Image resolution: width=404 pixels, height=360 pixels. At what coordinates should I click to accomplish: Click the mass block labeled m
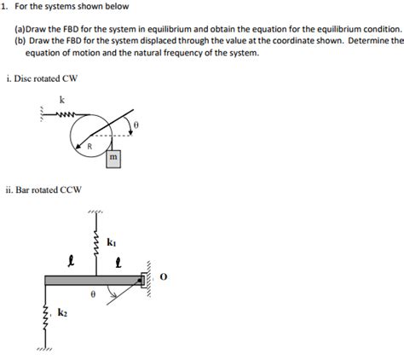point(113,159)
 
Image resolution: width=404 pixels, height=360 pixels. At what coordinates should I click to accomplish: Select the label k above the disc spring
point(61,100)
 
